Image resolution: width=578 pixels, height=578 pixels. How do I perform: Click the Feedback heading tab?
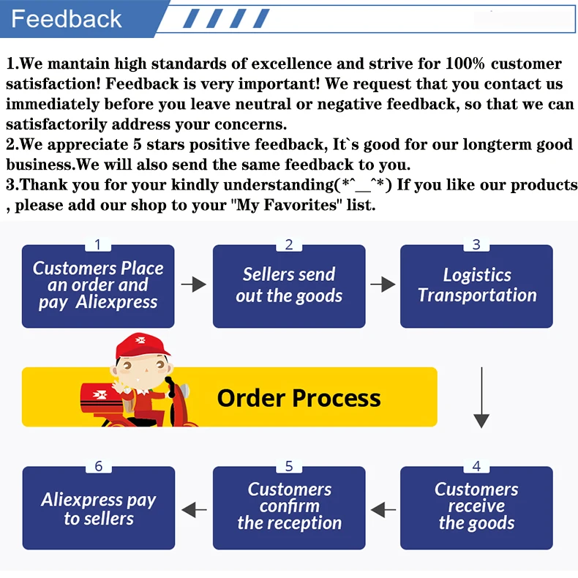(67, 18)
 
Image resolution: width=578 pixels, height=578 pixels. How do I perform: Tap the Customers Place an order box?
(98, 286)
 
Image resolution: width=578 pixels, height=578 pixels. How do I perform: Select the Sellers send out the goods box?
(289, 286)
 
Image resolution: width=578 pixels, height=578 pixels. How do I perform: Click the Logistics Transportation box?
(476, 286)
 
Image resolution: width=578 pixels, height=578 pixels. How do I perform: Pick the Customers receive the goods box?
(476, 507)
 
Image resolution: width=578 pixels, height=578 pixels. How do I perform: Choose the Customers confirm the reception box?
(289, 507)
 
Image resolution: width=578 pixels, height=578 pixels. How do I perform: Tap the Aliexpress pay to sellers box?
(99, 508)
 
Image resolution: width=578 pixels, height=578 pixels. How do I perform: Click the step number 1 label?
(98, 245)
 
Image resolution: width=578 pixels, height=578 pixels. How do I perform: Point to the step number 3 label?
(476, 245)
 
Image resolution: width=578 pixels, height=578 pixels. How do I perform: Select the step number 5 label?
(289, 467)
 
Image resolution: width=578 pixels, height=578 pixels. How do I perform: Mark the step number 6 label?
(99, 467)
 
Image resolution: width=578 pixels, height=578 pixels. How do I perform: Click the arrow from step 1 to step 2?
(194, 285)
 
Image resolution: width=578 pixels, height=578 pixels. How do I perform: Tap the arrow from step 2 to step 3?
(383, 285)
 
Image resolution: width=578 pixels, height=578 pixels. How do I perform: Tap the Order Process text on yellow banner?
(299, 398)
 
